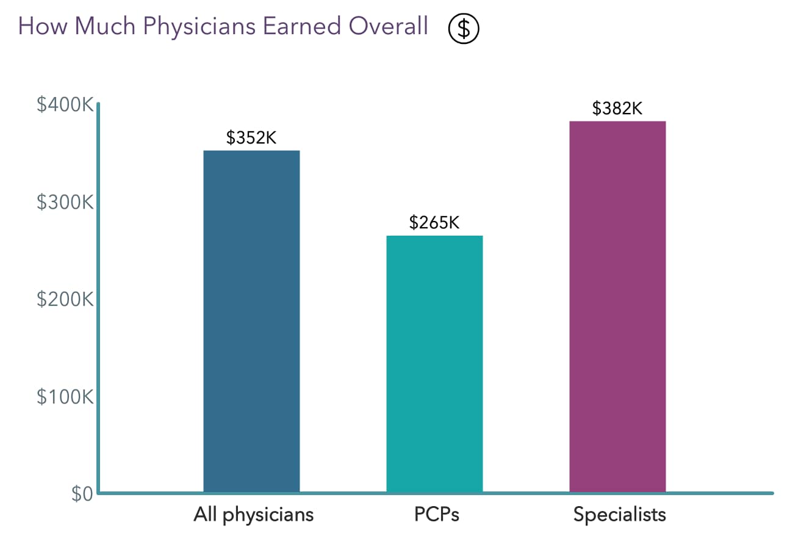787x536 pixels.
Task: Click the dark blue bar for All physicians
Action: click(251, 321)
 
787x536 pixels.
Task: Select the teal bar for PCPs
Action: click(434, 364)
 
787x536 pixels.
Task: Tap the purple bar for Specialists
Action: click(617, 306)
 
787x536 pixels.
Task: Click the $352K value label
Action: click(251, 138)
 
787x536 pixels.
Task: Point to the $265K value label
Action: click(434, 223)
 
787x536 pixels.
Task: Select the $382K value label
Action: click(617, 109)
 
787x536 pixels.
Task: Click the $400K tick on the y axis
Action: click(64, 105)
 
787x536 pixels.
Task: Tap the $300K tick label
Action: click(64, 202)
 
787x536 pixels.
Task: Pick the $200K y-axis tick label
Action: click(64, 300)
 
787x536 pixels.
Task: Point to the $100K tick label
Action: click(64, 397)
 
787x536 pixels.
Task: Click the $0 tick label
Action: click(81, 494)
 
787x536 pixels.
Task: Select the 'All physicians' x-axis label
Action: click(253, 515)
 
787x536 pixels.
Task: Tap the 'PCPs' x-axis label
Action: click(434, 515)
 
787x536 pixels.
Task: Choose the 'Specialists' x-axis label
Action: click(619, 515)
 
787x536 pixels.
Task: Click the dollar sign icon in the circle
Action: click(464, 29)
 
